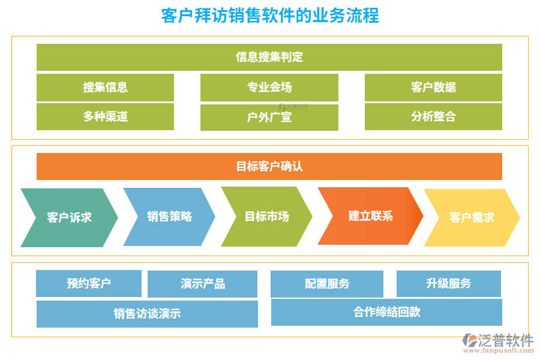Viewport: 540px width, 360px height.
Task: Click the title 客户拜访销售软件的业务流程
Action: pyautogui.click(x=270, y=15)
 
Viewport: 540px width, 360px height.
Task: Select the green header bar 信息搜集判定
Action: pyautogui.click(x=269, y=57)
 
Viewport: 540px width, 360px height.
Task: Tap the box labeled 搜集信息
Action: pyautogui.click(x=105, y=87)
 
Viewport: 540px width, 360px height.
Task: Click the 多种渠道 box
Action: pyautogui.click(x=105, y=116)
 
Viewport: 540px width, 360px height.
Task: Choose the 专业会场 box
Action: pyautogui.click(x=269, y=87)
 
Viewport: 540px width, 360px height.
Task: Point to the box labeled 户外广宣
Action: pyautogui.click(x=269, y=118)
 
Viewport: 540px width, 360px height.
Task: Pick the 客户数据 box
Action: pyautogui.click(x=433, y=87)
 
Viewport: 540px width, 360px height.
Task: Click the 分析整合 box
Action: pyautogui.click(x=433, y=116)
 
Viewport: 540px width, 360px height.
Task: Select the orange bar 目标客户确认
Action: pyautogui.click(x=269, y=166)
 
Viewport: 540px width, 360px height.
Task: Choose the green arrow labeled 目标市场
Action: pyautogui.click(x=266, y=217)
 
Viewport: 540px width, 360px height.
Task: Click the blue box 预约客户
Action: pyautogui.click(x=89, y=283)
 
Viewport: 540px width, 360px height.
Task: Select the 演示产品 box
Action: pyautogui.click(x=202, y=284)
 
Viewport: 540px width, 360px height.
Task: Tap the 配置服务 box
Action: pyautogui.click(x=326, y=284)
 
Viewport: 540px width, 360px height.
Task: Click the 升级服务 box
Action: pyautogui.click(x=448, y=283)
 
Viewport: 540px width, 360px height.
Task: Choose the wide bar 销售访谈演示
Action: pyautogui.click(x=147, y=314)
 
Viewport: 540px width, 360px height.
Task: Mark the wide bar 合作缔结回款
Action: pyautogui.click(x=386, y=312)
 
